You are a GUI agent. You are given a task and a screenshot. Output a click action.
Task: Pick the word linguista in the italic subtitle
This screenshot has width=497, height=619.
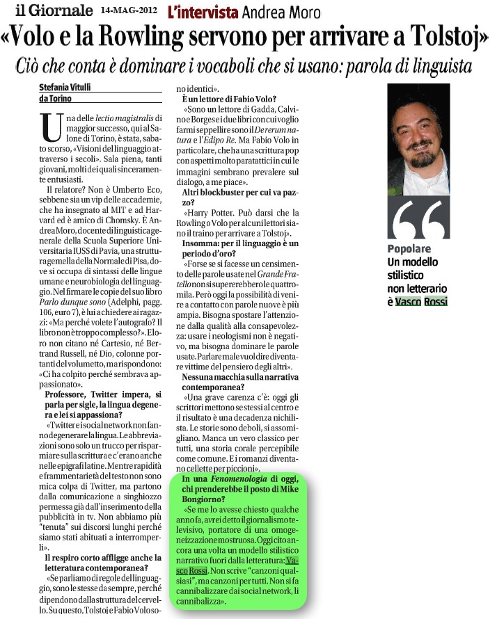pyautogui.click(x=432, y=67)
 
